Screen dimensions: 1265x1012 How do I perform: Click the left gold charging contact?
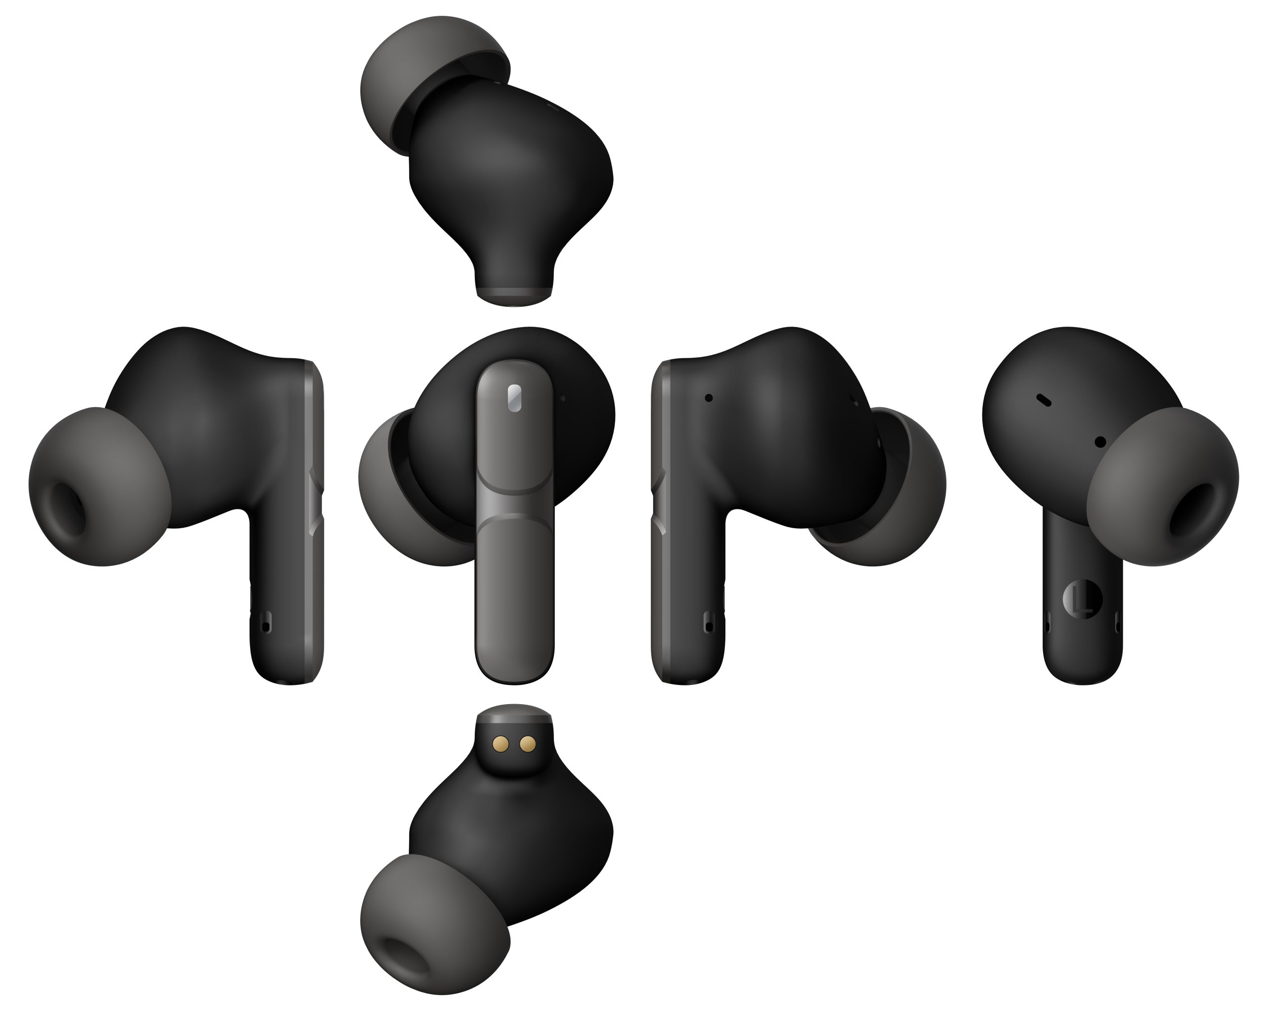(501, 745)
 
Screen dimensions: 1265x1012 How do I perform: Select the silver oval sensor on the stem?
(513, 398)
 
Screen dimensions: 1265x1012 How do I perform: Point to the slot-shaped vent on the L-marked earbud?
(1043, 400)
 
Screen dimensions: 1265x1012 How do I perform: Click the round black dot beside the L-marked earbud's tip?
(1100, 442)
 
